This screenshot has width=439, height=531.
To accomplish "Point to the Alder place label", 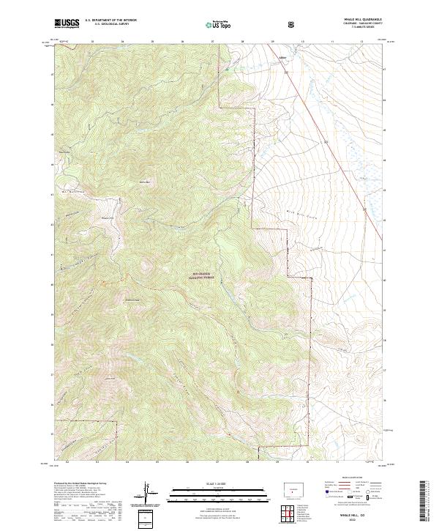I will point(283,54).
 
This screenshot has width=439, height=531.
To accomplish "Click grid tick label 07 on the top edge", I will point(212,42).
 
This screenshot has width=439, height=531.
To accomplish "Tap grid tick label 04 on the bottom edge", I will point(127,463).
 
